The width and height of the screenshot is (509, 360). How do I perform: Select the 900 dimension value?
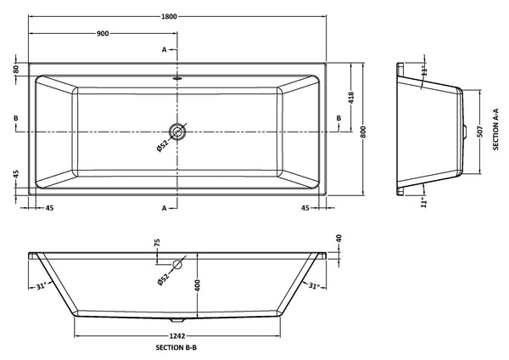pos(103,33)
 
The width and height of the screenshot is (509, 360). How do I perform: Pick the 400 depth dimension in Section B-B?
pos(197,286)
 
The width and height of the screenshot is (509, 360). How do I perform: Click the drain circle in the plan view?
pos(176,132)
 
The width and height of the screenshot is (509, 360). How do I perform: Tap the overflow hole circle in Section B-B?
pos(176,264)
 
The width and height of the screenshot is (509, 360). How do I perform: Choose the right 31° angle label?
pos(312,286)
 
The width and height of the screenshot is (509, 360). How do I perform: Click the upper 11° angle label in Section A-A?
pos(422,67)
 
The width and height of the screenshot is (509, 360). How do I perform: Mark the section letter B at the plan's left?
pos(16,118)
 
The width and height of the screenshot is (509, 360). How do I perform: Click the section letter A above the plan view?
pos(165,50)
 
